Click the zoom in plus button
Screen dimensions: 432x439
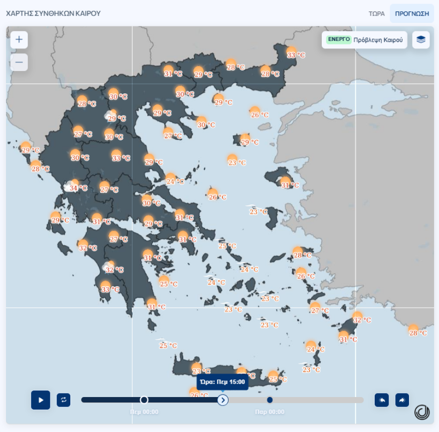click(19, 39)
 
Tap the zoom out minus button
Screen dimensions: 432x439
click(19, 62)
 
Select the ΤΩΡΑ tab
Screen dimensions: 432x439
click(377, 13)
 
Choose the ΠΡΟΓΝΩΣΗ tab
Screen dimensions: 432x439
click(412, 13)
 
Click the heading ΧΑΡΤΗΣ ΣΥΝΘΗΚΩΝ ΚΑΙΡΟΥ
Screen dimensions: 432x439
click(53, 13)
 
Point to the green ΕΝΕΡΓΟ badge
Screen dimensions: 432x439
click(339, 39)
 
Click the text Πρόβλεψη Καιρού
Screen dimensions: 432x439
click(378, 40)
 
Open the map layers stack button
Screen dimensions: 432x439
click(421, 39)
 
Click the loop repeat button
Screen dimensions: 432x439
click(63, 400)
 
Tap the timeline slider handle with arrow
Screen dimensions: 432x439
click(223, 400)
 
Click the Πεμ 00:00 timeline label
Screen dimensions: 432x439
click(144, 412)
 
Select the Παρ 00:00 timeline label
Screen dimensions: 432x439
click(270, 412)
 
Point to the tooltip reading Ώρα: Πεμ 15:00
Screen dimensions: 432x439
click(222, 382)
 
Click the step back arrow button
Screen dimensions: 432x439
click(382, 400)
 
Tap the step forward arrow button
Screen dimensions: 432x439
click(402, 400)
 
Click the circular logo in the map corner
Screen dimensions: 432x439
click(422, 412)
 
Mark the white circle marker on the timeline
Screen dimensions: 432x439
click(144, 400)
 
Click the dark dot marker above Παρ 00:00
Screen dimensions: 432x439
click(270, 400)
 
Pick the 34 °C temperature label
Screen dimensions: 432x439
click(78, 188)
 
